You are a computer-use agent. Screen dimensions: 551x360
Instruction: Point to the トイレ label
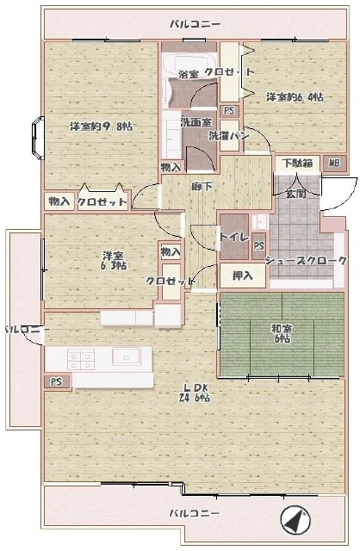(x=234, y=236)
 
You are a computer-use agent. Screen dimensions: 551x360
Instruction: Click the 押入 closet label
(x=243, y=275)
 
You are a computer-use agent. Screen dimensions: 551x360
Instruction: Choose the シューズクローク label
(x=298, y=260)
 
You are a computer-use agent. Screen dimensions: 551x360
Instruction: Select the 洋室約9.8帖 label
(x=101, y=127)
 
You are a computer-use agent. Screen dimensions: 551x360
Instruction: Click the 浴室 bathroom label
(x=188, y=74)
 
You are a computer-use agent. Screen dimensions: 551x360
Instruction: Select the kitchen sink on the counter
(x=126, y=356)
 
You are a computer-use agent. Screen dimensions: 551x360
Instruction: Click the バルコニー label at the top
(x=195, y=23)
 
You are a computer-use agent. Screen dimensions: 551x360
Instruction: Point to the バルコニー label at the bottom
(x=195, y=513)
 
